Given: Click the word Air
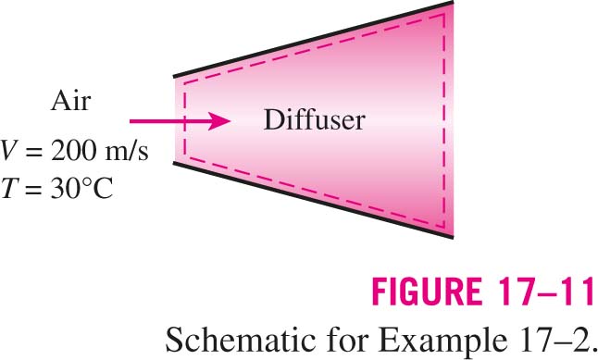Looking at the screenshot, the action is tap(71, 101).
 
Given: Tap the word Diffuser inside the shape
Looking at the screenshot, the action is tap(314, 119).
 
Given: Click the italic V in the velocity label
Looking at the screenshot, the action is tap(8, 151).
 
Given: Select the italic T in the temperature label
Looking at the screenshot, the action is tap(8, 189).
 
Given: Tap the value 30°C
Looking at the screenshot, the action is tap(81, 189).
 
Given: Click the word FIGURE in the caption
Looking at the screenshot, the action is tap(427, 292).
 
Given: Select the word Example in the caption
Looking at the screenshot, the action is tap(442, 340).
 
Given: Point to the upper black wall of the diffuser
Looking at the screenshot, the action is tap(314, 39).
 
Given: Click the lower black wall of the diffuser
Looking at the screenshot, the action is tap(314, 201).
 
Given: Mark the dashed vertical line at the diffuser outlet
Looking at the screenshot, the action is tap(444, 121).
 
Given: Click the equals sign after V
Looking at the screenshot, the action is tap(33, 152).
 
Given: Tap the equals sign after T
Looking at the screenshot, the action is tap(33, 189).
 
